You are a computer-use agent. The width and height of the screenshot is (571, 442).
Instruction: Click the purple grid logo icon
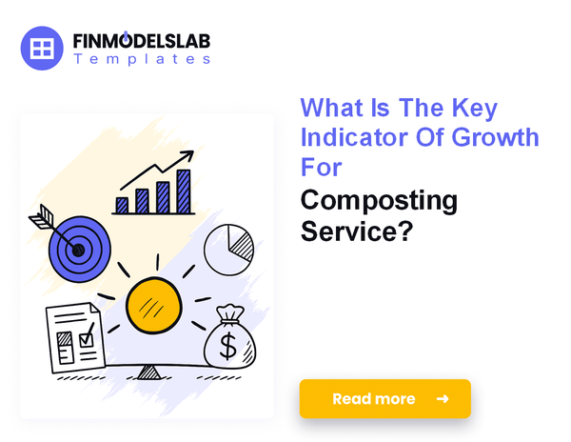click(x=41, y=47)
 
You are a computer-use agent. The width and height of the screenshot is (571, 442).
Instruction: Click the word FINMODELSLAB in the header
click(x=142, y=41)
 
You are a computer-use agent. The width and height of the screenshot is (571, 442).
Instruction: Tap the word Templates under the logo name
click(x=141, y=59)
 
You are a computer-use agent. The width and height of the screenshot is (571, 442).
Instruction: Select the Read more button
click(x=384, y=399)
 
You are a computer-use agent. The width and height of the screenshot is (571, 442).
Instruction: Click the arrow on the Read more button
click(x=442, y=399)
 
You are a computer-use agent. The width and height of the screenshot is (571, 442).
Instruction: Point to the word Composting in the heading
click(x=379, y=201)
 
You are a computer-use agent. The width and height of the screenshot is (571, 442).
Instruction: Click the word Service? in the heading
click(x=357, y=231)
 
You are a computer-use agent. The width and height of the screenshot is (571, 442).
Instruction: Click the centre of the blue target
click(x=78, y=251)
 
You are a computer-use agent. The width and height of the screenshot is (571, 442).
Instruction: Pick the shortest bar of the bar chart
click(x=122, y=204)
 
